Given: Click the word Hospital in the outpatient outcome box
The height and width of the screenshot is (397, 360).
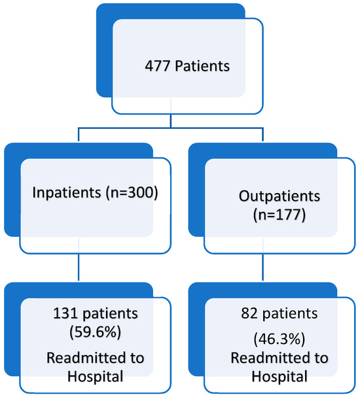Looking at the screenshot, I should pos(271,377).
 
